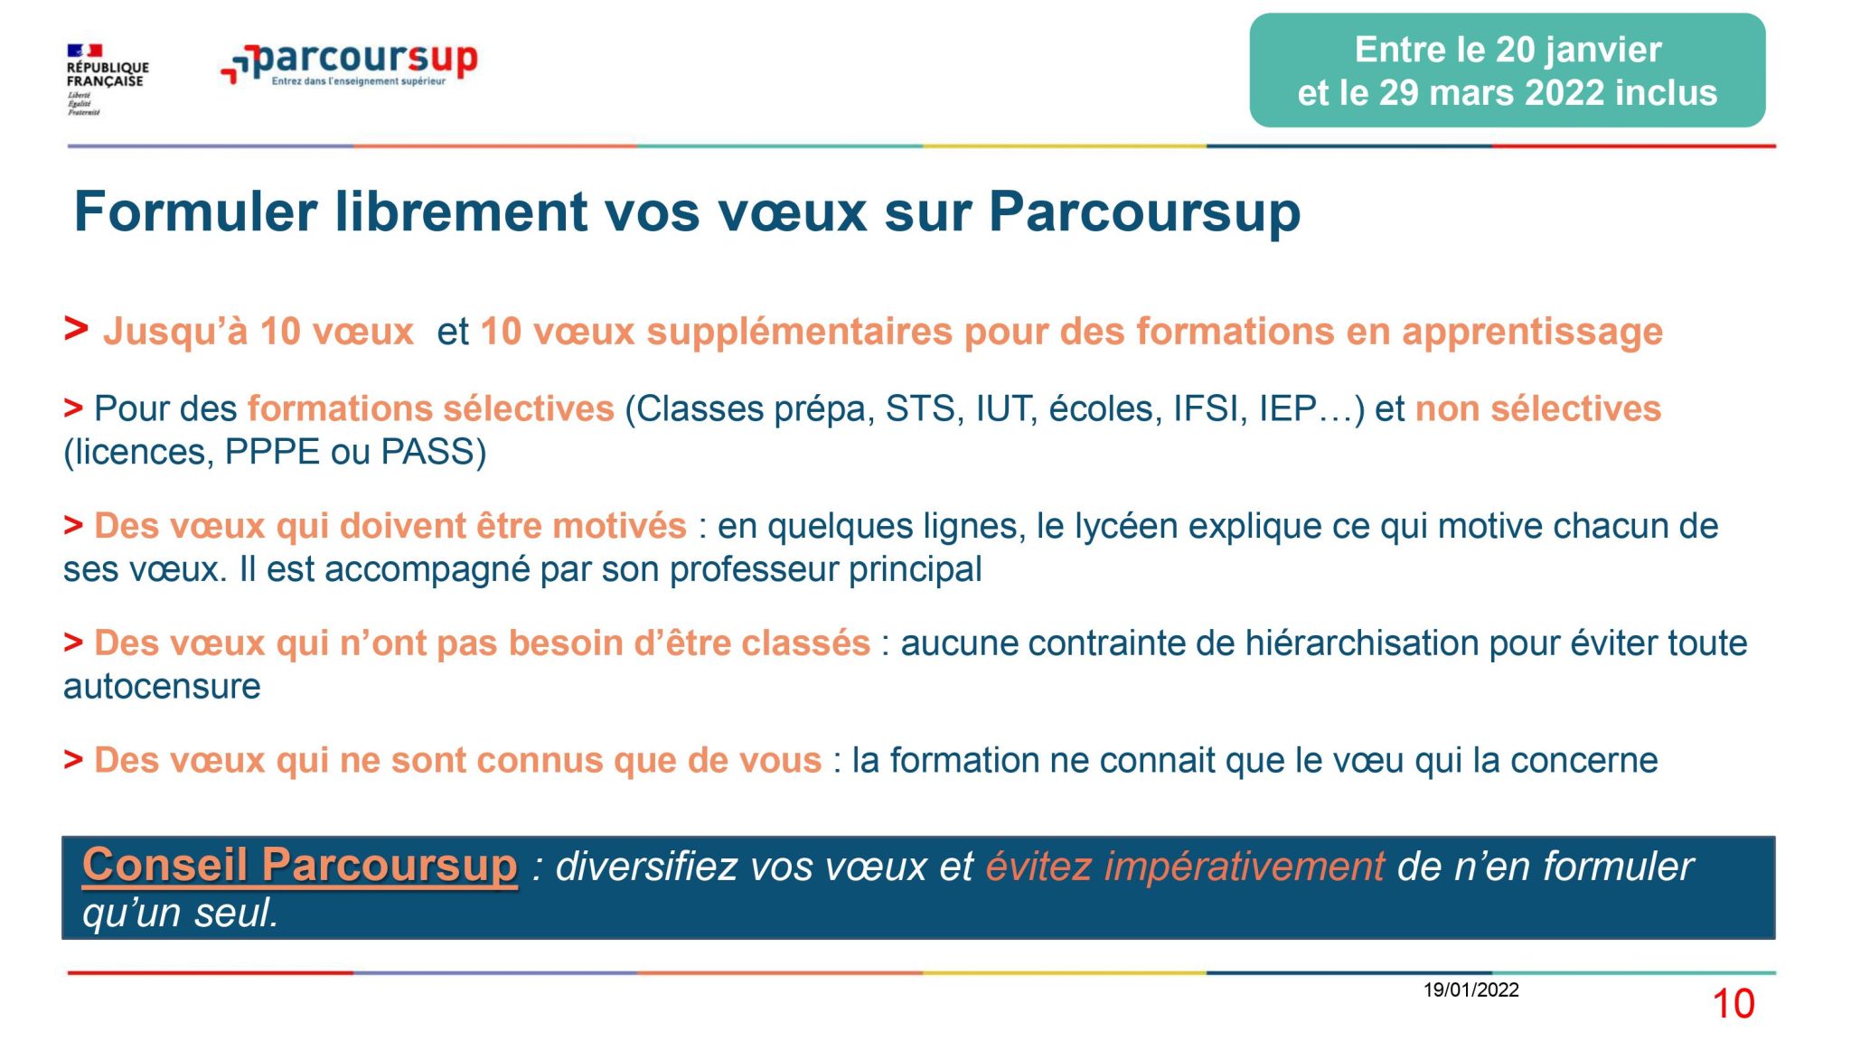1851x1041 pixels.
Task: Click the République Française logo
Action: tap(107, 80)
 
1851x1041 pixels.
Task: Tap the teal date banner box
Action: tap(1507, 70)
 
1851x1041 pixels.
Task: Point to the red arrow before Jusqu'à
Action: tap(76, 329)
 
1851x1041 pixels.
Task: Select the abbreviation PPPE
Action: tap(272, 452)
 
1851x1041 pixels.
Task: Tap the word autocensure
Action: tap(162, 687)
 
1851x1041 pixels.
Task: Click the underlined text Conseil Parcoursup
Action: tap(300, 866)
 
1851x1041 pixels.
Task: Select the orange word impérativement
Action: tap(1245, 867)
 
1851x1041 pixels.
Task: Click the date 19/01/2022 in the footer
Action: tap(1471, 990)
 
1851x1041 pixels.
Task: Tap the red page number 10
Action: tap(1734, 1004)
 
